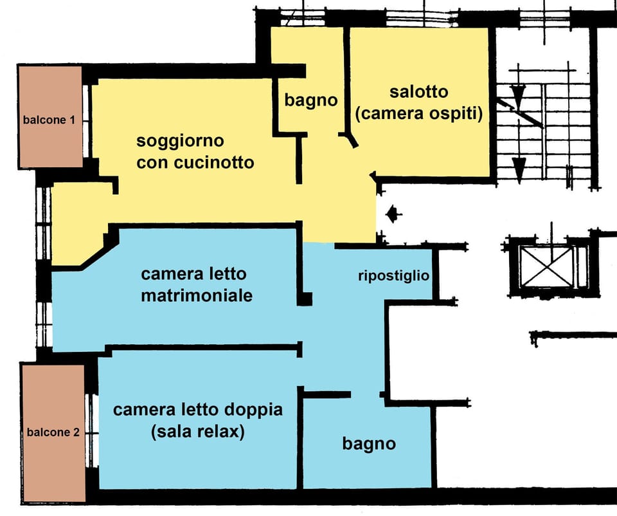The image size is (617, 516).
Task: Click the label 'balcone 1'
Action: (x=49, y=120)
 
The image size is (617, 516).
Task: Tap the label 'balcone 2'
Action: (x=53, y=433)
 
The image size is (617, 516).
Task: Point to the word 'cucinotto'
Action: (x=213, y=162)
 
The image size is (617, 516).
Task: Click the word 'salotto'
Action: (x=418, y=92)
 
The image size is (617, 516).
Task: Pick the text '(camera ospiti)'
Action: (x=418, y=114)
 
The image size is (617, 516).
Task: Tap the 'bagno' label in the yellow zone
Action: (x=311, y=100)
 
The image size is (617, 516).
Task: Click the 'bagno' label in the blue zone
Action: (x=368, y=443)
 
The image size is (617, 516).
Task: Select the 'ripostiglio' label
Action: (x=393, y=276)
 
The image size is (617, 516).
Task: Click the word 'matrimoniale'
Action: (x=196, y=296)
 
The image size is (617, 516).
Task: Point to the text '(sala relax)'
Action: (x=197, y=432)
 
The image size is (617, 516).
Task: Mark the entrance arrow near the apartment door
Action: (x=393, y=213)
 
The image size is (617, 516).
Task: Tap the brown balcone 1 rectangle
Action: (x=49, y=90)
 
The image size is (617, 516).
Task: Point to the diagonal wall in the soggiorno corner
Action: (x=96, y=252)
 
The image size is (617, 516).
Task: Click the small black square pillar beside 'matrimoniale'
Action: (x=306, y=299)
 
